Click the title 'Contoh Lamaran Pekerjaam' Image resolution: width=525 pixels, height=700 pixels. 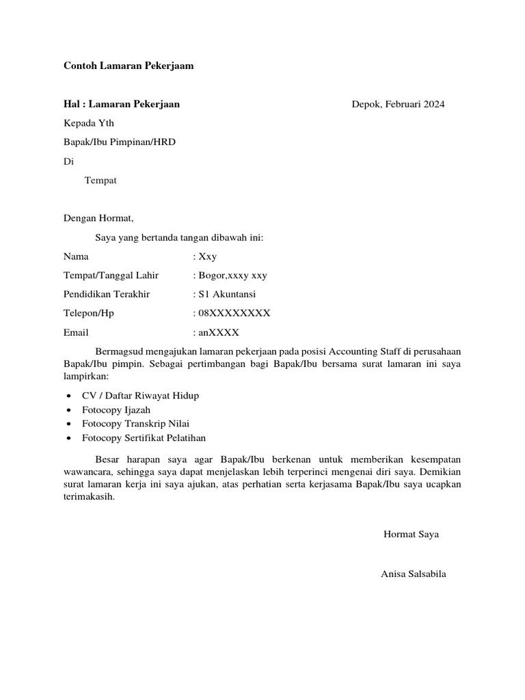(x=129, y=66)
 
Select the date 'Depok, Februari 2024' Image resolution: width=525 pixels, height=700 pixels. (x=398, y=105)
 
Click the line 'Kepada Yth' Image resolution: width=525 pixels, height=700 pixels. (x=89, y=123)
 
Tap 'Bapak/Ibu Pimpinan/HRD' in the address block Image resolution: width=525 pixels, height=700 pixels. (x=124, y=142)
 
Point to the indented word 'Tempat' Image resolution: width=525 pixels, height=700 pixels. (x=100, y=180)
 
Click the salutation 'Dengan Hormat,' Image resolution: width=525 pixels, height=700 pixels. (x=99, y=219)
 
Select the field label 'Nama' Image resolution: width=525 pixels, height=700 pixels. (x=76, y=257)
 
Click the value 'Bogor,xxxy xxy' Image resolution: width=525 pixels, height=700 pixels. (x=232, y=275)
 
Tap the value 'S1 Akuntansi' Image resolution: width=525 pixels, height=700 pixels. (x=228, y=295)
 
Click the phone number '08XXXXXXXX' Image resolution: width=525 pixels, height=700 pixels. (x=234, y=313)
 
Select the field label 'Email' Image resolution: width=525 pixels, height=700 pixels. (x=76, y=333)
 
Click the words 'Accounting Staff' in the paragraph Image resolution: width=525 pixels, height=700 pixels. (x=367, y=351)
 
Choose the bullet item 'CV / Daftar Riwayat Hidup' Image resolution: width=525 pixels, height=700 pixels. (x=140, y=396)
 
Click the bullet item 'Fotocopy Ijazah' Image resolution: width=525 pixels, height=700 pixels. (x=116, y=410)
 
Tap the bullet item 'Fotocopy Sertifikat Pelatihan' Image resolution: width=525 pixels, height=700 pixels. (x=144, y=438)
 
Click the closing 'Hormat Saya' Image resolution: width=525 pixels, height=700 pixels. (x=412, y=535)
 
